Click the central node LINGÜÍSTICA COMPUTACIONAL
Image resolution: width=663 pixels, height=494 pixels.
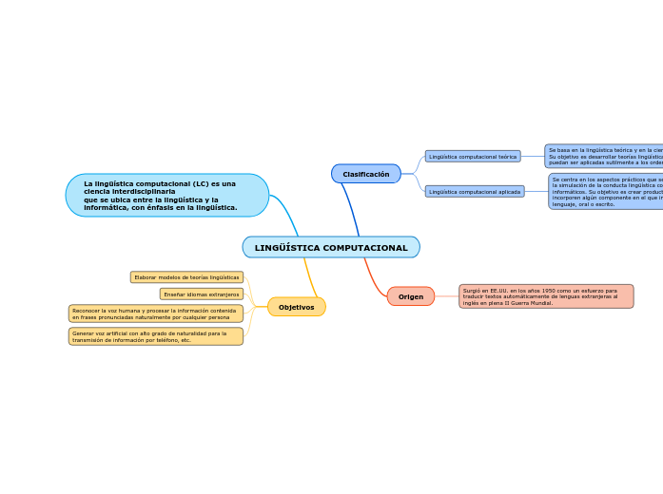click(331, 247)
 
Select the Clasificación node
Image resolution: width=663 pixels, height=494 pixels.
click(366, 174)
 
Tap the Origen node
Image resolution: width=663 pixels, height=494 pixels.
click(411, 296)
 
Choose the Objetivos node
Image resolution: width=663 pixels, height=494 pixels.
click(296, 307)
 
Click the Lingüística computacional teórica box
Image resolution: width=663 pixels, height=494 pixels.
click(473, 156)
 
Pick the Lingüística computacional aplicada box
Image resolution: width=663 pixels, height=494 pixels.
click(475, 191)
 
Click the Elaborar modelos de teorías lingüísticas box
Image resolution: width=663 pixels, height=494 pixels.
click(186, 277)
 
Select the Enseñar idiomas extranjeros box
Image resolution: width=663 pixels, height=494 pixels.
click(202, 294)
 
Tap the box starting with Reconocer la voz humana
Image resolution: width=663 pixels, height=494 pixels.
click(156, 313)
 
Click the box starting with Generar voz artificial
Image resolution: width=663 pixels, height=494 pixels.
click(156, 336)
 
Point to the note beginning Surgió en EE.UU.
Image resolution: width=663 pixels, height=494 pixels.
click(545, 296)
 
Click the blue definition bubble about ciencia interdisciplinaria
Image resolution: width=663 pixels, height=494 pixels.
click(167, 195)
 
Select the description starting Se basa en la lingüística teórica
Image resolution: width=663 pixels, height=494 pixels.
click(604, 156)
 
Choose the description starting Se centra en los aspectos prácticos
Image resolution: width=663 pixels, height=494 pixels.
click(606, 191)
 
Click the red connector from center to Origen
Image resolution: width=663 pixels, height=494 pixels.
click(373, 275)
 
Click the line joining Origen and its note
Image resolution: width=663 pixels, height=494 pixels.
click(446, 296)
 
